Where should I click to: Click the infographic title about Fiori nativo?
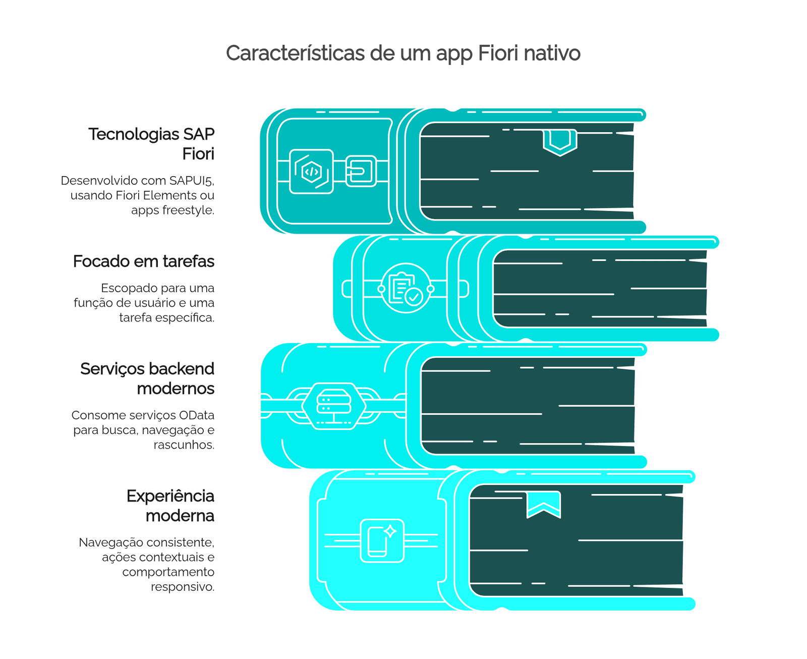(x=403, y=53)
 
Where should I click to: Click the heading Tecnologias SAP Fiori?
(x=151, y=144)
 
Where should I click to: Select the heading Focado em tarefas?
(x=143, y=261)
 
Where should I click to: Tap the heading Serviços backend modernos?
(x=147, y=378)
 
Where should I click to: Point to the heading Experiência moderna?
(x=170, y=506)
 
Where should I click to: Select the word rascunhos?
(x=184, y=445)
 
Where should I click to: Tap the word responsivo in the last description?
(x=183, y=587)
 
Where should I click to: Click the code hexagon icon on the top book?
(x=312, y=172)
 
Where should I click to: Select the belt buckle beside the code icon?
(x=361, y=171)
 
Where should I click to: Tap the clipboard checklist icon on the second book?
(x=406, y=288)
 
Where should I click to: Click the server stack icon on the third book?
(x=334, y=406)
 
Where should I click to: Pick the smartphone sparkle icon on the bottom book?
(x=382, y=541)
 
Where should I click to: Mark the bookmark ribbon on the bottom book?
(x=544, y=505)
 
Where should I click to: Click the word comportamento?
(x=168, y=572)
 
